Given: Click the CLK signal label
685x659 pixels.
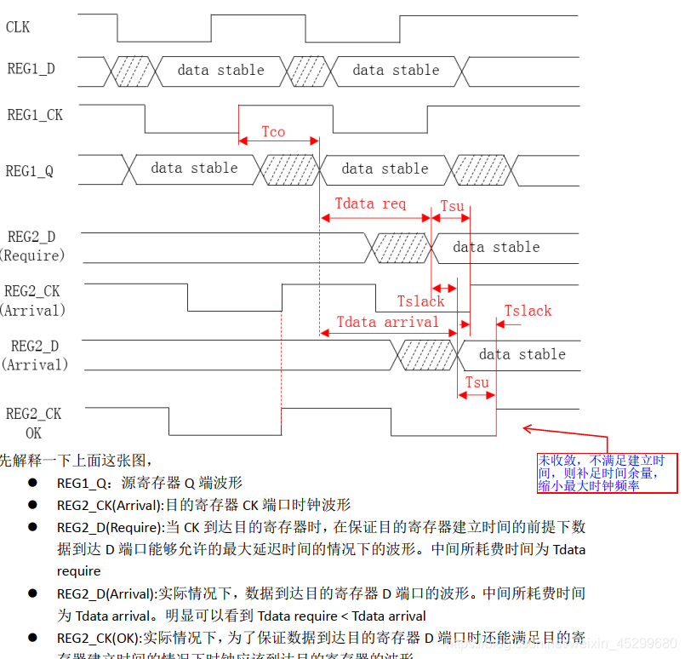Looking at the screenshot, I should pyautogui.click(x=18, y=27).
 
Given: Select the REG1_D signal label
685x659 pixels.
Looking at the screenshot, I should pyautogui.click(x=31, y=69).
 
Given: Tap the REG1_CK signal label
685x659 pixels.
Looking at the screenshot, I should pyautogui.click(x=35, y=114).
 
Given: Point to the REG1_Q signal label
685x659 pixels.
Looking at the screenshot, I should pyautogui.click(x=30, y=170).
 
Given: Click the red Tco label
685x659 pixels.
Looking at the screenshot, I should pyautogui.click(x=273, y=132).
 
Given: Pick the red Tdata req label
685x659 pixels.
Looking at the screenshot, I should pyautogui.click(x=370, y=204).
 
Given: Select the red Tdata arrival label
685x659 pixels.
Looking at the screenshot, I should pyautogui.click(x=387, y=322).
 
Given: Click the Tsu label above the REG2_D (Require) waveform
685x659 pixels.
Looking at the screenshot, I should pyautogui.click(x=452, y=207).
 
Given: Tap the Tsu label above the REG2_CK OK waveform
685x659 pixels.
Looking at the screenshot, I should pyautogui.click(x=477, y=382).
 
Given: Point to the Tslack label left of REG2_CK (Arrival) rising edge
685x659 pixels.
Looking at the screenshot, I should pyautogui.click(x=420, y=301).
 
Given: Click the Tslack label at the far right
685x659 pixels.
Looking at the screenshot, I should pyautogui.click(x=528, y=311).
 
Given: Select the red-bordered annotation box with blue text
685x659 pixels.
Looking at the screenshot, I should pyautogui.click(x=607, y=473).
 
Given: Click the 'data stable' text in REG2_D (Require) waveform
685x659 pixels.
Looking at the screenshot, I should pyautogui.click(x=496, y=247).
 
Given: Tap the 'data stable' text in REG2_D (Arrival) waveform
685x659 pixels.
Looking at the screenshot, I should pyautogui.click(x=522, y=354).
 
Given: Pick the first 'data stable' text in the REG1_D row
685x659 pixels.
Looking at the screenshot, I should pyautogui.click(x=220, y=70).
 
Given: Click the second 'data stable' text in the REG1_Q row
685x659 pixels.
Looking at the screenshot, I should pyautogui.click(x=385, y=169).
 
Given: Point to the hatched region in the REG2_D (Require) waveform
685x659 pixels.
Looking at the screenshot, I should pyautogui.click(x=400, y=247).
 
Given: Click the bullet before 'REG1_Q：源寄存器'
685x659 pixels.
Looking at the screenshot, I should pyautogui.click(x=32, y=482).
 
